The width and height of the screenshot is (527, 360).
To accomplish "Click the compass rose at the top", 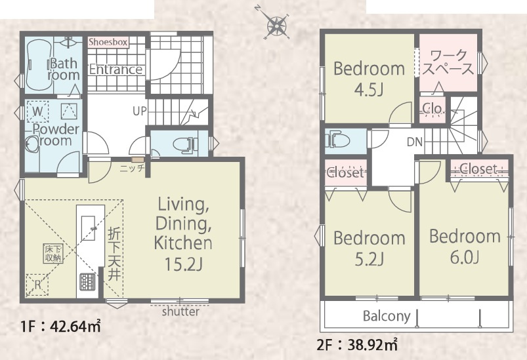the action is click(x=277, y=24).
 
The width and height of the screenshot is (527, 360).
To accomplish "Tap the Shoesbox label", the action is click(x=108, y=43).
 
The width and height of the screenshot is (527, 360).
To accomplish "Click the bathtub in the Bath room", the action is click(x=39, y=66).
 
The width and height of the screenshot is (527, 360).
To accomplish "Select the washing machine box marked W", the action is click(x=37, y=110).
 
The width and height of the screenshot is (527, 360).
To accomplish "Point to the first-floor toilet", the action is click(x=185, y=144).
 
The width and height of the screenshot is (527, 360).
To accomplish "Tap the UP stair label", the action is click(x=140, y=111).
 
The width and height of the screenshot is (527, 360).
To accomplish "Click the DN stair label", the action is click(x=414, y=142).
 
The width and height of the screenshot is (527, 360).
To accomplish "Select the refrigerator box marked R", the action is click(x=37, y=285).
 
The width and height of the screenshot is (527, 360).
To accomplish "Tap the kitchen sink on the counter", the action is click(x=89, y=228).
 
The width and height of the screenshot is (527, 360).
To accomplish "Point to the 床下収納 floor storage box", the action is click(x=53, y=253).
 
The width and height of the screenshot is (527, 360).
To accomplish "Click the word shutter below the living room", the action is click(x=180, y=312).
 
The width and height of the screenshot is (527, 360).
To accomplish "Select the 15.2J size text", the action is click(x=184, y=264).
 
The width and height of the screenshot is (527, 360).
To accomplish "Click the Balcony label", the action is click(x=387, y=316).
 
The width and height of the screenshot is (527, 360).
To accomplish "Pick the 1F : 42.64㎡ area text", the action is click(x=60, y=326).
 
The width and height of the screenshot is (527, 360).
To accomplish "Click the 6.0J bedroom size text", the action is click(x=465, y=257).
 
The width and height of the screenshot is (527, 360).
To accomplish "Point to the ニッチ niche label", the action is click(x=132, y=168).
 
